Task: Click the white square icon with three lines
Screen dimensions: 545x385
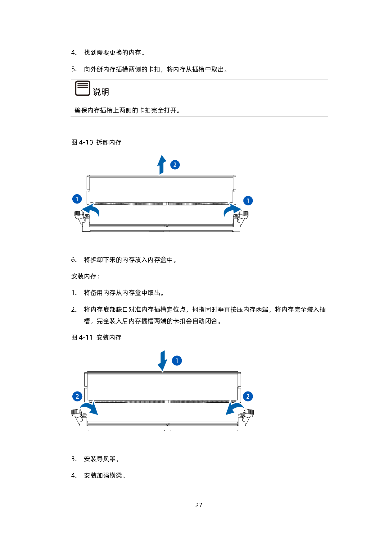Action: point(83,88)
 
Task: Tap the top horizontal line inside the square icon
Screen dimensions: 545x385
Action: point(83,83)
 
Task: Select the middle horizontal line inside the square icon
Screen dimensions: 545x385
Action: point(83,85)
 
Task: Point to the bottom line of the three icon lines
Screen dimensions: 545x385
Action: point(83,87)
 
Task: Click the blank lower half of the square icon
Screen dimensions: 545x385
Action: point(83,91)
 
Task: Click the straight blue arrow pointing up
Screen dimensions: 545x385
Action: point(161,165)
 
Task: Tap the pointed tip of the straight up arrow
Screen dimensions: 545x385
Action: point(161,154)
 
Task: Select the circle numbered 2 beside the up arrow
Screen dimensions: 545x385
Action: point(175,165)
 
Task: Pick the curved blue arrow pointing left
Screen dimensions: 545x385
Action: point(91,210)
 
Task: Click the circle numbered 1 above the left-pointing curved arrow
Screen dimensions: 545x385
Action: point(77,199)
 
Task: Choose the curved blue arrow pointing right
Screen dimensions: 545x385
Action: point(232,210)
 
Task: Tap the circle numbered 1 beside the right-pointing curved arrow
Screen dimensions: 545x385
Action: point(248,201)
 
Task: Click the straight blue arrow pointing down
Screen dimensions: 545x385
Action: point(162,360)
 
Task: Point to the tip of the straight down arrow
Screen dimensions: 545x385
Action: point(162,371)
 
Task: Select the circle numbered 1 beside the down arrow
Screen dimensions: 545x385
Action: point(177,361)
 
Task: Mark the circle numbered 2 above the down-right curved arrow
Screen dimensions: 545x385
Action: point(77,396)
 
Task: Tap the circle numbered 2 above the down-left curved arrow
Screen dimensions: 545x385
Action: point(248,396)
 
